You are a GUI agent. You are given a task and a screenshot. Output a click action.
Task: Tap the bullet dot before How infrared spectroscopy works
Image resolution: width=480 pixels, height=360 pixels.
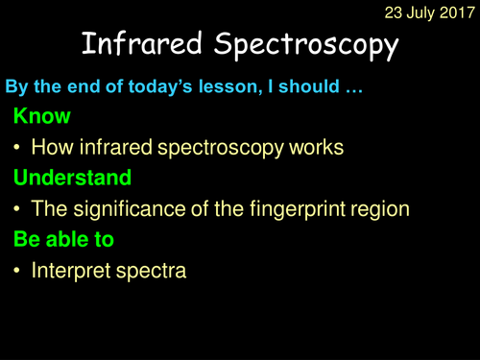pos(17,150)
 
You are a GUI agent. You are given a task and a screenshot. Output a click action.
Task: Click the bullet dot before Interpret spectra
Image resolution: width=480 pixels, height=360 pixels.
pos(17,272)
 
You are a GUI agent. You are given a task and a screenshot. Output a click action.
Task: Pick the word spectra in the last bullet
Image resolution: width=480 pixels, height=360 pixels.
pos(152,272)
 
